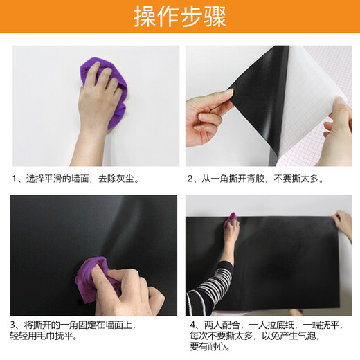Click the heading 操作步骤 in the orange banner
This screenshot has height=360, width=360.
pos(180,16)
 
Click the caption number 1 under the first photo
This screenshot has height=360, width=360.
pos(15,179)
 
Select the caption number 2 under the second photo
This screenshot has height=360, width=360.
pos(190,179)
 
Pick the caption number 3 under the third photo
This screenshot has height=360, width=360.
pos(13,325)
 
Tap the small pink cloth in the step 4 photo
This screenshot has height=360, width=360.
pos(231,219)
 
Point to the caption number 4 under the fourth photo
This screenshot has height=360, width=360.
pos(193,325)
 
